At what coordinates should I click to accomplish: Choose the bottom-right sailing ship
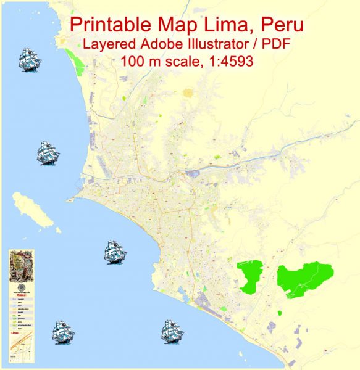[x=172, y=331]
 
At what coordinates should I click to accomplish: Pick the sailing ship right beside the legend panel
[x=63, y=332]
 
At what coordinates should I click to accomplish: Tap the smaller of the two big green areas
[x=251, y=276]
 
